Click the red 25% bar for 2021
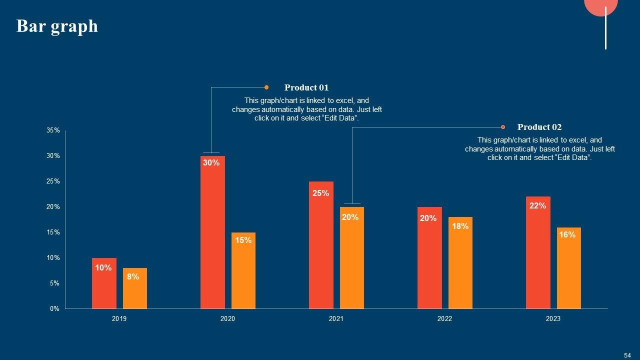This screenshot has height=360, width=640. (321, 245)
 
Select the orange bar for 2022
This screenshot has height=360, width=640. (460, 263)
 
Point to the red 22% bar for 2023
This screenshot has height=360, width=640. (538, 252)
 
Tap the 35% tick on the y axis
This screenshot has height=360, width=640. (53, 130)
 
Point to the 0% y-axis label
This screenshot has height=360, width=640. (54, 309)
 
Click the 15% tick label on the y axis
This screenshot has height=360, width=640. (53, 232)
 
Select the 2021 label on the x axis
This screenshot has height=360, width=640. (336, 319)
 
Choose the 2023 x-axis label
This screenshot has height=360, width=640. (553, 319)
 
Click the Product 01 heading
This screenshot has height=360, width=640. (306, 87)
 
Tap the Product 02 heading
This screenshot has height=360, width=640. (539, 127)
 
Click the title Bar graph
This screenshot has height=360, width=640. (57, 26)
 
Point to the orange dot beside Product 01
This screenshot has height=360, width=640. (266, 87)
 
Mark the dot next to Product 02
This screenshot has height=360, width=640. (503, 127)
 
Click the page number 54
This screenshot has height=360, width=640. (627, 355)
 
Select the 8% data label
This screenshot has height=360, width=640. (133, 276)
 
